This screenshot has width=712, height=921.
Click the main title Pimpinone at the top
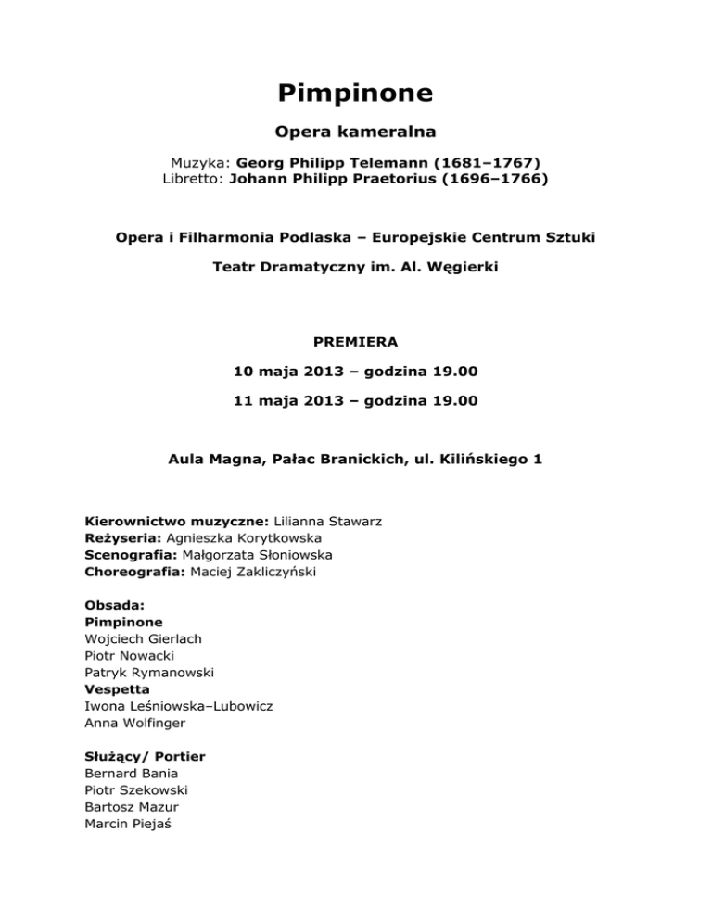pos(356,95)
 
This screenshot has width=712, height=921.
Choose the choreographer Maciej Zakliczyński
pos(261,572)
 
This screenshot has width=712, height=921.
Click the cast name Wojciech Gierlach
pos(143,638)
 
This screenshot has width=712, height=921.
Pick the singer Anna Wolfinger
pos(133,723)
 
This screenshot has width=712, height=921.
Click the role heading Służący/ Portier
pos(145,757)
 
